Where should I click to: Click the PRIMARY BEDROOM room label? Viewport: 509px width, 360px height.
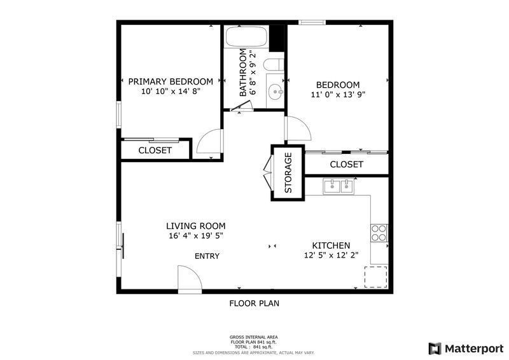click(171, 81)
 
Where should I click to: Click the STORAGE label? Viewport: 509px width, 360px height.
click(288, 172)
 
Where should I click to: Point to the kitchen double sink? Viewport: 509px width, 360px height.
click(338, 186)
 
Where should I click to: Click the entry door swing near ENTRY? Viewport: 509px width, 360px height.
click(188, 279)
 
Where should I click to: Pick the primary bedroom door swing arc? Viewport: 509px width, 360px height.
click(209, 142)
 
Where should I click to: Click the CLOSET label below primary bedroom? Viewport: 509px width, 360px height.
click(155, 151)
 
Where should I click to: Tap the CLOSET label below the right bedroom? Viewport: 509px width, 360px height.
click(347, 165)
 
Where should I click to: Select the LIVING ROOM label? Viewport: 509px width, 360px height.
click(195, 226)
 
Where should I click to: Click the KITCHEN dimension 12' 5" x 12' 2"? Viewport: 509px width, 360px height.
click(331, 256)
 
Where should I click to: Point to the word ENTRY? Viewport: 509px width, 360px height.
click(207, 256)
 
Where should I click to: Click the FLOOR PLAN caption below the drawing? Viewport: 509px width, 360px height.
click(254, 304)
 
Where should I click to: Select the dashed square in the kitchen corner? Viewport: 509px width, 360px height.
click(375, 277)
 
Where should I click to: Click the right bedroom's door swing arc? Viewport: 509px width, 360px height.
click(298, 130)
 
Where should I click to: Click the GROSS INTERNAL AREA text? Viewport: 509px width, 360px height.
click(253, 337)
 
